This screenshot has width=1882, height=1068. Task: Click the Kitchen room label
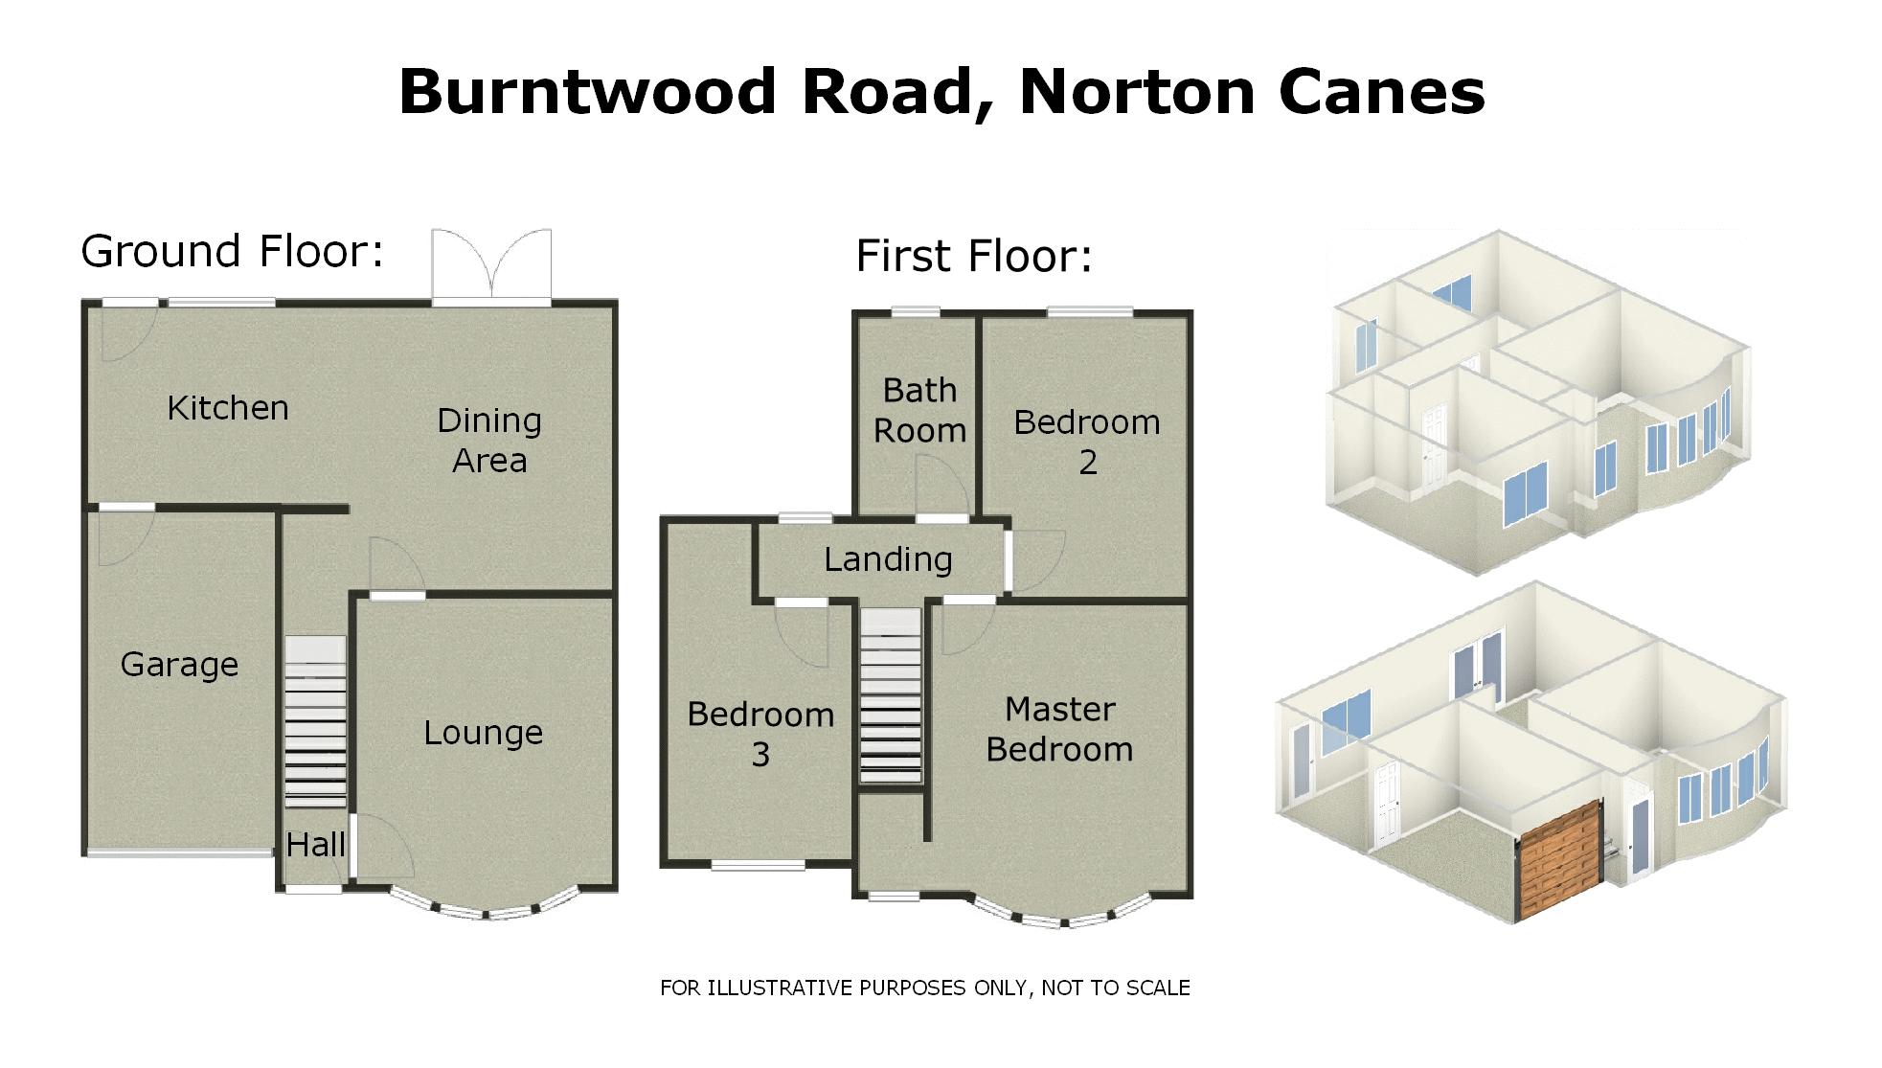point(228,409)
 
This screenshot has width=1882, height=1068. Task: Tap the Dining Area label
point(489,441)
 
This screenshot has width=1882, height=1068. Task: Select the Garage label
point(179,665)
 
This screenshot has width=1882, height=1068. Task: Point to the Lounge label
point(483,734)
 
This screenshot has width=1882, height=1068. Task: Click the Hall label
point(315,845)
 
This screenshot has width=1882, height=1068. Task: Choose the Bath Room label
point(919,411)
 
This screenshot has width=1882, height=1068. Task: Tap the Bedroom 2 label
point(1087,443)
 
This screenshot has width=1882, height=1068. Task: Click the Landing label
point(888,559)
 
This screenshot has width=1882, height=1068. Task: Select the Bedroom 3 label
point(760,735)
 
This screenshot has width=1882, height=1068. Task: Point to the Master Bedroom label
point(1059,730)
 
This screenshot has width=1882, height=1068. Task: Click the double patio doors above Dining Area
point(491,265)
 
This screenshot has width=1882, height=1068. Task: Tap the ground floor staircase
point(315,723)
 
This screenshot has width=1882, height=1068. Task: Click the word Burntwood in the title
point(586,93)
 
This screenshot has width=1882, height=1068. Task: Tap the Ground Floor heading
point(232,252)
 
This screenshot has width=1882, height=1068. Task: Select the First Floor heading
point(973,257)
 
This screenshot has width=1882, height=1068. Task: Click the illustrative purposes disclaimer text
point(924,988)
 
